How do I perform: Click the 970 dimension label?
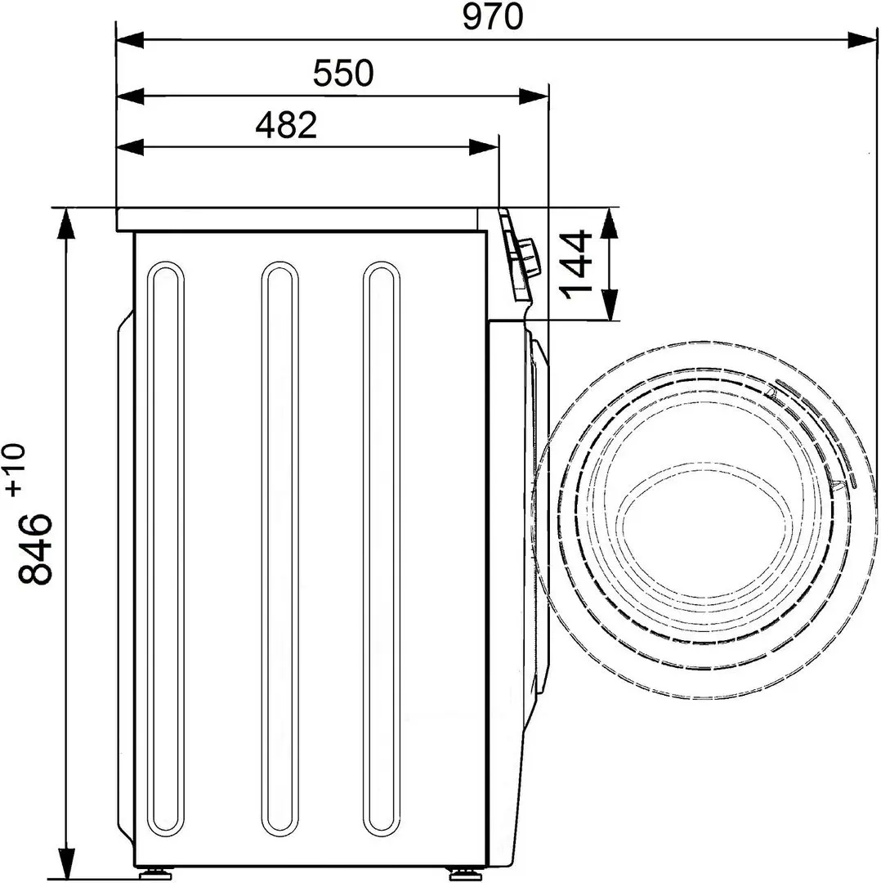tap(492, 17)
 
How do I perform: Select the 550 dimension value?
tap(343, 74)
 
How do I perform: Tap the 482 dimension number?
tap(285, 125)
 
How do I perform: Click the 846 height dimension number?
tap(36, 549)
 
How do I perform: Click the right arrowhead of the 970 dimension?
tap(862, 39)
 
